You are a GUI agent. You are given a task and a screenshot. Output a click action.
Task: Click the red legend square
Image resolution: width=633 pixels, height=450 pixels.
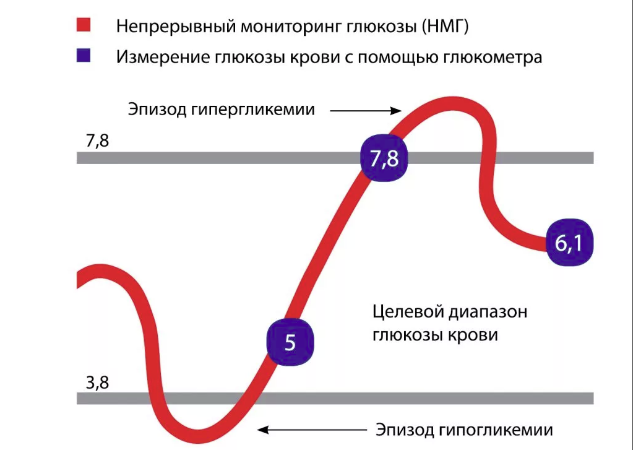point(84,25)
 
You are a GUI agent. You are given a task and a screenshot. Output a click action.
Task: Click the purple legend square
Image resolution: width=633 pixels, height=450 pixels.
point(84,56)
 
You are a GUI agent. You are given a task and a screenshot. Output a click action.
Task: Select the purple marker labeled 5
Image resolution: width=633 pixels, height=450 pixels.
point(290,342)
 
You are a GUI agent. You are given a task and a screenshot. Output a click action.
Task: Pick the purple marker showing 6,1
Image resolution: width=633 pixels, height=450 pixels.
point(569,243)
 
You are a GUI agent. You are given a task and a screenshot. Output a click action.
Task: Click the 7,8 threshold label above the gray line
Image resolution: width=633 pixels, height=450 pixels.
point(97,141)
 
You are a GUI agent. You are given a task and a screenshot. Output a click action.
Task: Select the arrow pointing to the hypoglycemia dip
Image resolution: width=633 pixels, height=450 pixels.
point(310,429)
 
